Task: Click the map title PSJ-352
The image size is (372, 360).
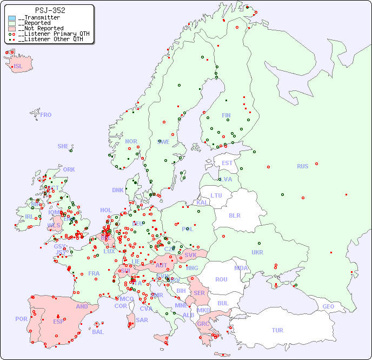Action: click(x=50, y=10)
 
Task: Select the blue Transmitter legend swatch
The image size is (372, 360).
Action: click(x=12, y=18)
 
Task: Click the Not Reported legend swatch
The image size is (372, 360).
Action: click(x=12, y=29)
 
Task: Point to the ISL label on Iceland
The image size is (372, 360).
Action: click(x=18, y=67)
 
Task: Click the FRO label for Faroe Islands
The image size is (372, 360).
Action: click(x=46, y=115)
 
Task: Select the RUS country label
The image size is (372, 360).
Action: click(x=302, y=166)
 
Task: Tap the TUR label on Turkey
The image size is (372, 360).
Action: click(x=277, y=330)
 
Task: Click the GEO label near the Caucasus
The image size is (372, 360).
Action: click(x=328, y=306)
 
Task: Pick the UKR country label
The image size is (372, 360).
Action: click(x=257, y=252)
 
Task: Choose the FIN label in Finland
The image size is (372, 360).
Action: click(x=226, y=115)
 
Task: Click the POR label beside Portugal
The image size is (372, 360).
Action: click(x=21, y=319)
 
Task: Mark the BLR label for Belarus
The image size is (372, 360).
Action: click(x=235, y=215)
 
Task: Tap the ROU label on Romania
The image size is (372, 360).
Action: click(x=221, y=279)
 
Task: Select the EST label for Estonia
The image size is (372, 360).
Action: click(x=227, y=163)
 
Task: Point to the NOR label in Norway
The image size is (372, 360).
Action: click(x=131, y=141)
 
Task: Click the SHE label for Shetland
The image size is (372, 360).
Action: click(x=63, y=146)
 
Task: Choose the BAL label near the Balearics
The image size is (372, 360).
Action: click(x=98, y=332)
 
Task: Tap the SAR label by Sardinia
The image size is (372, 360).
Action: click(x=142, y=320)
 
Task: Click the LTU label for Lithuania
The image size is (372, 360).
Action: click(x=216, y=195)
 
